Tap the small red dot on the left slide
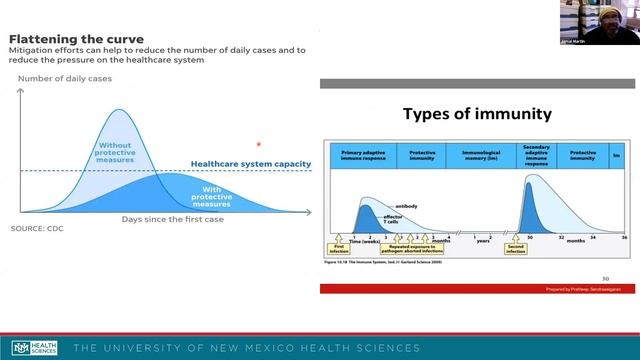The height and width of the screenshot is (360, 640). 259,145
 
